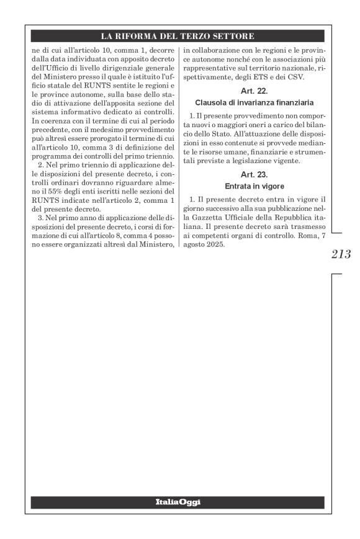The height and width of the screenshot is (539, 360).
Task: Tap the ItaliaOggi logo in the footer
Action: tap(180, 501)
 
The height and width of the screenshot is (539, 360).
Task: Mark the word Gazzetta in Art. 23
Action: tap(203, 218)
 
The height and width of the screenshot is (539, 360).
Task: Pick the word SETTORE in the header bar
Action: tap(241, 37)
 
